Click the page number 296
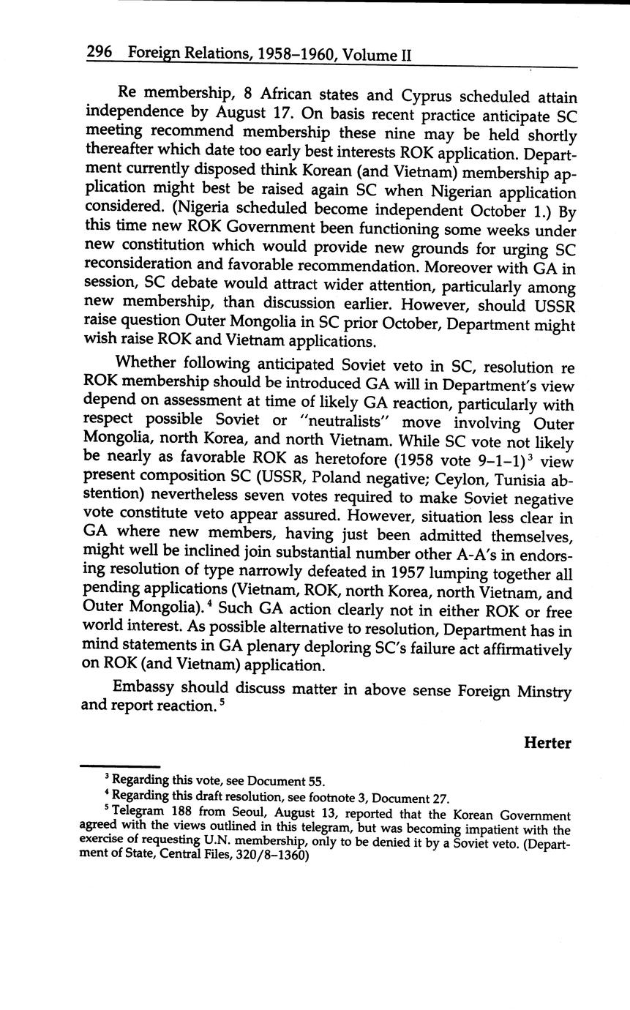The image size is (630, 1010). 98,53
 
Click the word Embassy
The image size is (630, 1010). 146,687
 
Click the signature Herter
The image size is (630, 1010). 547,744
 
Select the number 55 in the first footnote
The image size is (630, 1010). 315,782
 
